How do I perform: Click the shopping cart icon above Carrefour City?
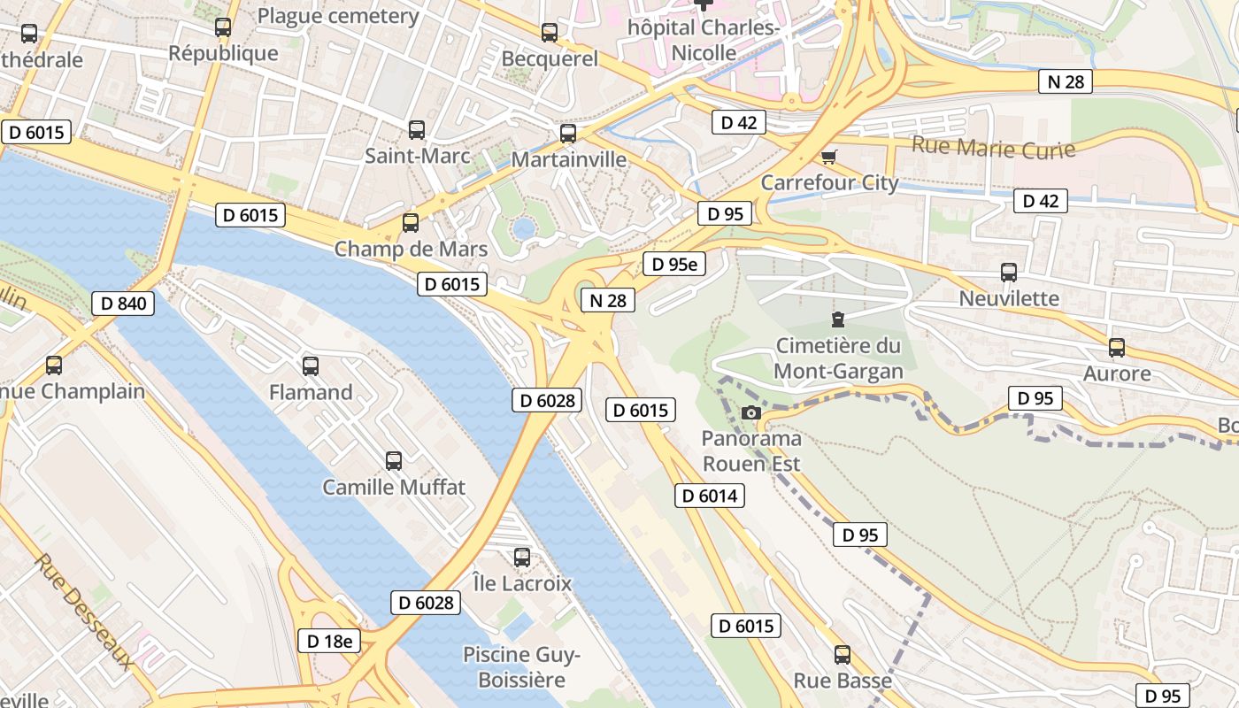pyautogui.click(x=828, y=157)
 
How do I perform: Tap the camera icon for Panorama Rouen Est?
pyautogui.click(x=750, y=412)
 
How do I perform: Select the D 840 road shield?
pyautogui.click(x=123, y=304)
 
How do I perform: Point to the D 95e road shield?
pyautogui.click(x=673, y=264)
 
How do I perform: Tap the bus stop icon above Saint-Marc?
pyautogui.click(x=417, y=130)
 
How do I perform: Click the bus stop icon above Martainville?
pyautogui.click(x=568, y=134)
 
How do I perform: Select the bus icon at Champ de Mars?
pyautogui.click(x=410, y=223)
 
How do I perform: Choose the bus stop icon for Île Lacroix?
pyautogui.click(x=522, y=558)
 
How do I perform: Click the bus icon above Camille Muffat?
pyautogui.click(x=394, y=460)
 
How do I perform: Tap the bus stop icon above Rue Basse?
pyautogui.click(x=843, y=655)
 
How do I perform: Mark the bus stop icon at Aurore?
pyautogui.click(x=1117, y=348)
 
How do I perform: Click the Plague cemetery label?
pyautogui.click(x=338, y=16)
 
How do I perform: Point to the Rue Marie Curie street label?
pyautogui.click(x=993, y=147)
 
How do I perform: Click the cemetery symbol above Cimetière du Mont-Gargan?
pyautogui.click(x=837, y=319)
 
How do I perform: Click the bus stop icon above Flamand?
pyautogui.click(x=310, y=366)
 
